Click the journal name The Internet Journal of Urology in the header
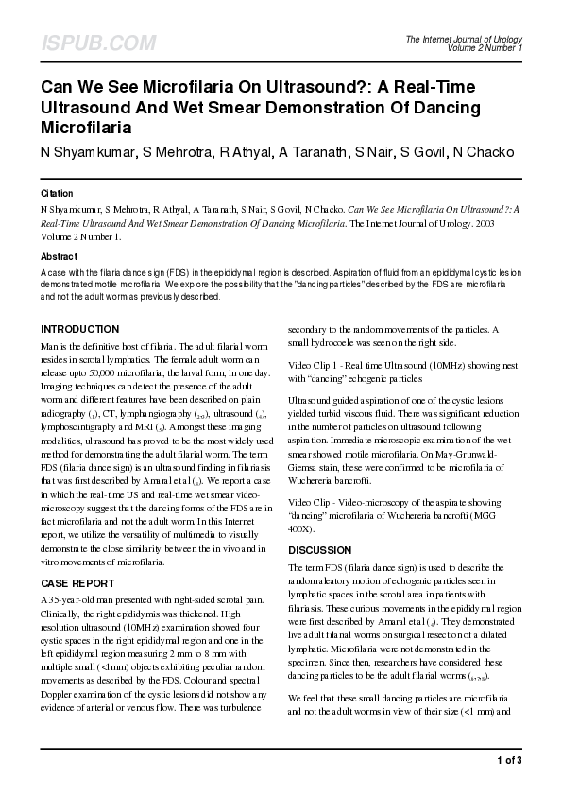coord(463,39)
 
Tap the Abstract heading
coord(59,256)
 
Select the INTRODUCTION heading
coord(80,329)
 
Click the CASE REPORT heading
coord(77,583)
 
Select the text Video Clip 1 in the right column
coord(313,365)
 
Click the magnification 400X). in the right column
coord(305,529)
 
